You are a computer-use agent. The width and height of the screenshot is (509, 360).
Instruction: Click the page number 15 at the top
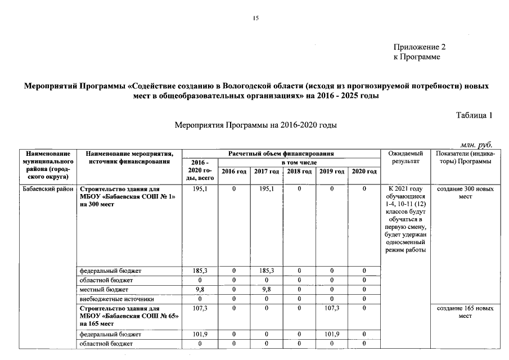pyautogui.click(x=255, y=19)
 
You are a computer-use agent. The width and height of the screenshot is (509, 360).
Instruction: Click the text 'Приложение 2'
pyautogui.click(x=419, y=47)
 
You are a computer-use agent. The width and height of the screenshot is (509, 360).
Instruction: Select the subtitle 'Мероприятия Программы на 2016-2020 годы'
pyautogui.click(x=255, y=125)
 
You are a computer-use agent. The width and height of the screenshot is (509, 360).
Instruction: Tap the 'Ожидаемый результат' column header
pyautogui.click(x=405, y=157)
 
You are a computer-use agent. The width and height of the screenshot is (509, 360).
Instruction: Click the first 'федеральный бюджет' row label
pyautogui.click(x=110, y=271)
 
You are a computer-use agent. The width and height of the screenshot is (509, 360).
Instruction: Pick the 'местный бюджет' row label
pyautogui.click(x=104, y=289)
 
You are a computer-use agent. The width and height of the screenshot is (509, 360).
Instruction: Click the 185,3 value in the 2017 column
pyautogui.click(x=266, y=271)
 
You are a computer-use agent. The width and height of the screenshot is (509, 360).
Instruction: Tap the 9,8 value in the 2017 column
pyautogui.click(x=266, y=289)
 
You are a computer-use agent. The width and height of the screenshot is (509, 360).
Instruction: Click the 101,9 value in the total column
pyautogui.click(x=200, y=334)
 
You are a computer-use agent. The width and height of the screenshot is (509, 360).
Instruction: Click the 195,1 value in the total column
pyautogui.click(x=200, y=190)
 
